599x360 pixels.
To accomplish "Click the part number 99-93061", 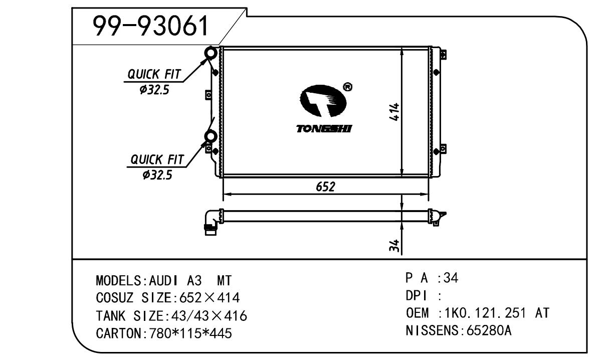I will click(x=151, y=26).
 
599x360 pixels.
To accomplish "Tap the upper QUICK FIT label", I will click(x=153, y=74).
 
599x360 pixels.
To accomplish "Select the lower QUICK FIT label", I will click(x=157, y=159).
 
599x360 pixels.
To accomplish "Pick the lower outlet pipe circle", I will click(x=211, y=136).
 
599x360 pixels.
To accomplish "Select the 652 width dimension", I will click(x=325, y=187).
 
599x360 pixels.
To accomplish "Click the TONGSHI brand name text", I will click(x=324, y=129).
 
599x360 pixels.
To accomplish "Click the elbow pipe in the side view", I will click(x=211, y=221).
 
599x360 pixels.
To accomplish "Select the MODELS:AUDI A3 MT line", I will click(x=163, y=280).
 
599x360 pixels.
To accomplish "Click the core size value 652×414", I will click(x=207, y=298).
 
